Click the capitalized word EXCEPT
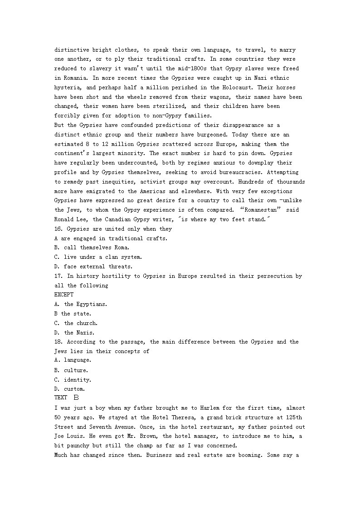point(63,295)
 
